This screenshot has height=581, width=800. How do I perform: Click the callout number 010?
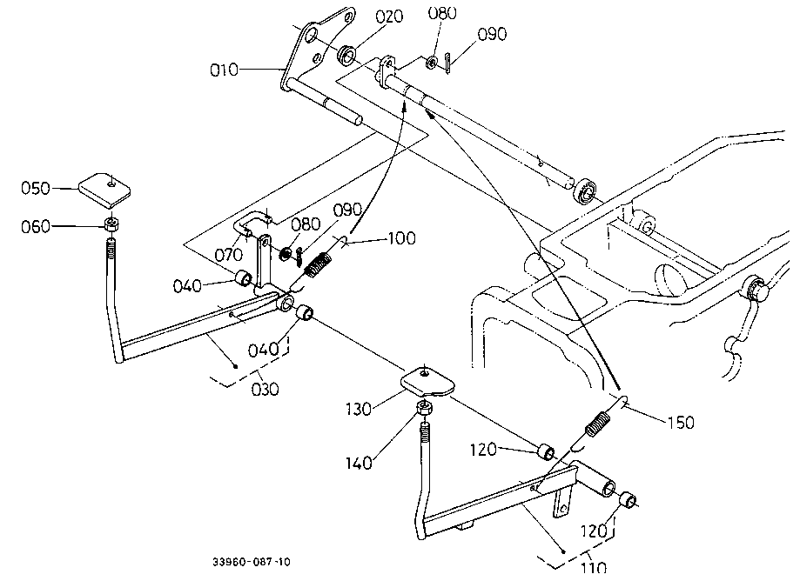click(x=225, y=70)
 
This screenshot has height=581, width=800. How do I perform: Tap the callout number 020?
click(x=389, y=17)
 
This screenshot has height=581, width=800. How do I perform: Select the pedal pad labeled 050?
click(x=104, y=190)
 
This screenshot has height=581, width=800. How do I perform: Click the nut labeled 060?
click(x=111, y=224)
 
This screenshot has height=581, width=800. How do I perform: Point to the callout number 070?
click(x=228, y=254)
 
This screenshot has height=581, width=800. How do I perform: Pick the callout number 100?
click(x=402, y=238)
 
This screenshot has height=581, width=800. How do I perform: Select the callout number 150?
click(x=681, y=422)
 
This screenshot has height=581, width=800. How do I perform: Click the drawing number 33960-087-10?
click(x=252, y=562)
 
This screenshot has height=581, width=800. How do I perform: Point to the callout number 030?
click(x=266, y=390)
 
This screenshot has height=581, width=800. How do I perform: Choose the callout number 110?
click(x=594, y=567)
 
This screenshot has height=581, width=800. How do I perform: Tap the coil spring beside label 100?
click(x=317, y=265)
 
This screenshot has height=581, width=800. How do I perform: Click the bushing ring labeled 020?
click(x=347, y=55)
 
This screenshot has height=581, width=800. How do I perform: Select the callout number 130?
click(x=359, y=409)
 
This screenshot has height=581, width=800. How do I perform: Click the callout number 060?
click(x=35, y=226)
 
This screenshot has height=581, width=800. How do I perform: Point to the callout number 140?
click(x=359, y=463)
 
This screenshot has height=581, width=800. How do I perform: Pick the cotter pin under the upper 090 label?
click(x=447, y=63)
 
